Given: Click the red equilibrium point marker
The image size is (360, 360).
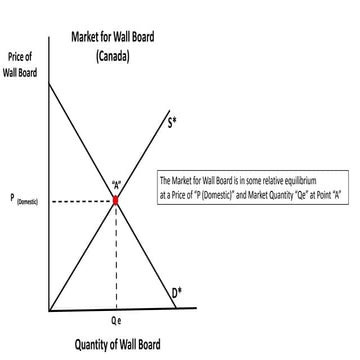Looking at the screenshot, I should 116,200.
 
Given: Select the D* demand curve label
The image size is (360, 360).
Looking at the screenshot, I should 176,292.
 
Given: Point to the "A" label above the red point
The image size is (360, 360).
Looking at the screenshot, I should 117,185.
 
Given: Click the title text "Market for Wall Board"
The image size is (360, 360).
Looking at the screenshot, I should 112,37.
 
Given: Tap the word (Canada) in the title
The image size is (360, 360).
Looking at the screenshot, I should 112,56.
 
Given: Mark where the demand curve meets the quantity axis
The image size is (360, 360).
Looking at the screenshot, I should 178,308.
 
